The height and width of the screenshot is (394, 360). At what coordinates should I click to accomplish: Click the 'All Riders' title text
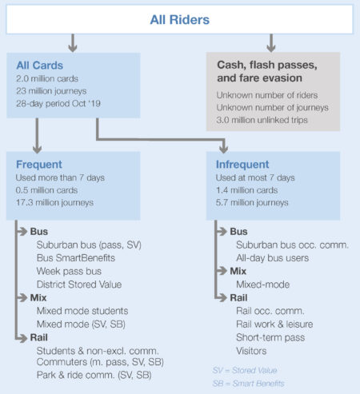point(180,20)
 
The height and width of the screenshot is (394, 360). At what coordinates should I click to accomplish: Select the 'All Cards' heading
point(40,66)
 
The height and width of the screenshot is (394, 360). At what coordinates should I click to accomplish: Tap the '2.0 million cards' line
point(47,78)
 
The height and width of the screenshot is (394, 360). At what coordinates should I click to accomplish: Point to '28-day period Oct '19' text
point(58,103)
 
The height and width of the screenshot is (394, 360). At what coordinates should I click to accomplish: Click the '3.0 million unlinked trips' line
point(262,120)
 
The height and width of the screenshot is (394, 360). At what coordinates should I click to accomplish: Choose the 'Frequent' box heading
point(39,165)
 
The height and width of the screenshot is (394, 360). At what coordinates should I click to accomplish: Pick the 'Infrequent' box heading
point(242,165)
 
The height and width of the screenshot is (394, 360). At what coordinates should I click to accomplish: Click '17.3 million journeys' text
point(54,202)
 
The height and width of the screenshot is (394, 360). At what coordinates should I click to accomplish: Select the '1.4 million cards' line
point(246,190)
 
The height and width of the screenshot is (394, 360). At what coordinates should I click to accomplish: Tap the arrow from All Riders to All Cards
point(73,42)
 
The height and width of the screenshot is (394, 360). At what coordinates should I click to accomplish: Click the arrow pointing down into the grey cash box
point(271,42)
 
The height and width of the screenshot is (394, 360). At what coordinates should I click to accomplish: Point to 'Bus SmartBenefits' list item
point(76,258)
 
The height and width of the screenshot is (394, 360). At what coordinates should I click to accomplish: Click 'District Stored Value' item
point(79,285)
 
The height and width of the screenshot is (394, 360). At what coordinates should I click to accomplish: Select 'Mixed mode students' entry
point(82,311)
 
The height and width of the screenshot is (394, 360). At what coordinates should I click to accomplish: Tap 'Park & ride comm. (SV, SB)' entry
point(94,375)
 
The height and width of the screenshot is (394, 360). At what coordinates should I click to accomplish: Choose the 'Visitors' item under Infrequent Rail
point(251,351)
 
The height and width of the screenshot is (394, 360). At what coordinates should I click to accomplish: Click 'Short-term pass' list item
point(270,337)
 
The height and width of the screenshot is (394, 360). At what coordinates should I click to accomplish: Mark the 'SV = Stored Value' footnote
point(245,370)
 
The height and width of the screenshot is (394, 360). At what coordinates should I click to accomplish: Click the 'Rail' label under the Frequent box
point(39,337)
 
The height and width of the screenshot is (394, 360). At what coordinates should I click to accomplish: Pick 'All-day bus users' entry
point(273,258)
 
